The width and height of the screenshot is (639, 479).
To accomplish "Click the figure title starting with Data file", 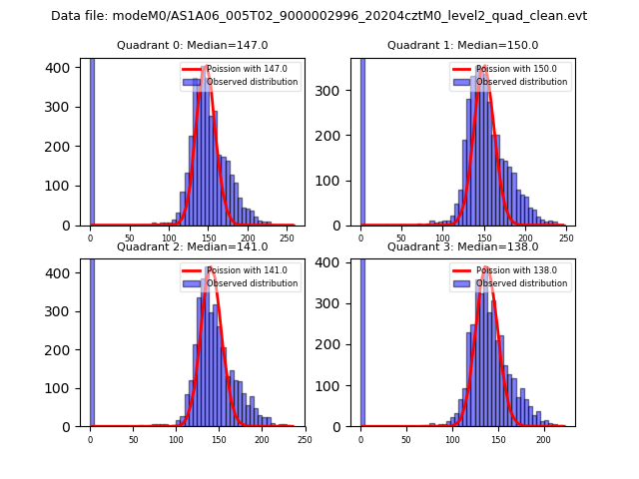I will coord(319,16).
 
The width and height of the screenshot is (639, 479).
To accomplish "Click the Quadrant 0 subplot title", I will coord(192,45).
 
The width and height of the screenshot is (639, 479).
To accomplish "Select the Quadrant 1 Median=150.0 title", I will coord(462,45).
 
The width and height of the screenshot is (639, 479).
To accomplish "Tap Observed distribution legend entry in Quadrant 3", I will coord(522,283).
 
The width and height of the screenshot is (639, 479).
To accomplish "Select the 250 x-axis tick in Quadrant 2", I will coord(304,439).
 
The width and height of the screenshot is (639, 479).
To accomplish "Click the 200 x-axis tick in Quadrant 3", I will coord(543,439).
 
